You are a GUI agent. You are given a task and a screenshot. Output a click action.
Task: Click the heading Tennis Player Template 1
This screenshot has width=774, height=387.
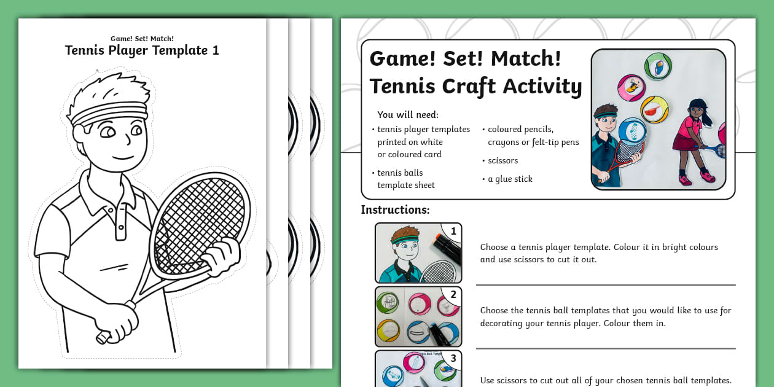(142, 50)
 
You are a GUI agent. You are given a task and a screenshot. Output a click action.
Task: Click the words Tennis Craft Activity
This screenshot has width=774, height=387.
(475, 87)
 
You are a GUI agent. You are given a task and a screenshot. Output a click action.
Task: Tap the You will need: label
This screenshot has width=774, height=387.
(408, 115)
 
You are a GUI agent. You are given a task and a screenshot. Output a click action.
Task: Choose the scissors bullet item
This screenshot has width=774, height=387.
(502, 160)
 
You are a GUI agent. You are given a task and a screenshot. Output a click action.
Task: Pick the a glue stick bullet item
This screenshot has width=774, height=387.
(510, 179)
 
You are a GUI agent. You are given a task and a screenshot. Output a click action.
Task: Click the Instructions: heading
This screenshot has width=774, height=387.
(395, 209)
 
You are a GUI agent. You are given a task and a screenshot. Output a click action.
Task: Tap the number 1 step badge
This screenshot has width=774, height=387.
(453, 232)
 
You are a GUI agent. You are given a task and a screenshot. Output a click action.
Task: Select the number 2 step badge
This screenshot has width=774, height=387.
(453, 295)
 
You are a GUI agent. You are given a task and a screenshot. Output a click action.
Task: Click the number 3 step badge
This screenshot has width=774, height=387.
(453, 359)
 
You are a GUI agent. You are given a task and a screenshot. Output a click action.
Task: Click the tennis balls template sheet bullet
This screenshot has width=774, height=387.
(405, 179)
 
